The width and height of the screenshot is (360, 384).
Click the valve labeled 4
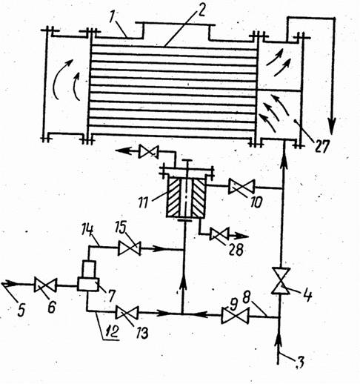(281, 281)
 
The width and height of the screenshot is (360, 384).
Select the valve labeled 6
(45, 285)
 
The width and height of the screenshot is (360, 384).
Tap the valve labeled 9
(235, 315)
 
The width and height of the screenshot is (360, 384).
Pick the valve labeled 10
(241, 187)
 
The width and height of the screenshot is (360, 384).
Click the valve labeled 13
(127, 313)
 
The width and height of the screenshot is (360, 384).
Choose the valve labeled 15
(130, 248)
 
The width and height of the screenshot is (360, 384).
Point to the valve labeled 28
(219, 234)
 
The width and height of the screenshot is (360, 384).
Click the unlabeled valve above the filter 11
(148, 151)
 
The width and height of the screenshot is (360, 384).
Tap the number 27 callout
(321, 147)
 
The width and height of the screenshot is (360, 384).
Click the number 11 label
(143, 202)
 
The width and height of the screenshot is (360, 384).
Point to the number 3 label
(299, 363)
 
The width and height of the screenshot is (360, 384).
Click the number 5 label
(21, 310)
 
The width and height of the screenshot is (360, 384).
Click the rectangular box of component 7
(88, 284)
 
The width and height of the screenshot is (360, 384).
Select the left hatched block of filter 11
(174, 197)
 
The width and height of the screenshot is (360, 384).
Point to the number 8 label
(246, 298)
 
